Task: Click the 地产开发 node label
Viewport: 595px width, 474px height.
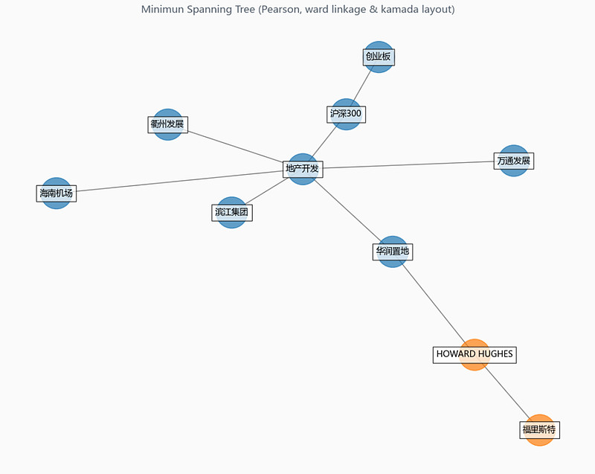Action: pos(303,169)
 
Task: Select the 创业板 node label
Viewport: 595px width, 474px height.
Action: pos(379,57)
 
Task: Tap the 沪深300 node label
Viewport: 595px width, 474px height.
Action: pos(346,115)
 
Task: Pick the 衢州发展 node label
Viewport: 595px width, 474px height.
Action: pos(168,124)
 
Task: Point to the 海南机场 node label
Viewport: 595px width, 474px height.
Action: pos(57,193)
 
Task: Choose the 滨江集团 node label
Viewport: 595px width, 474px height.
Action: pos(232,213)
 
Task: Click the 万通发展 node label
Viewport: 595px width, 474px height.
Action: pos(514,161)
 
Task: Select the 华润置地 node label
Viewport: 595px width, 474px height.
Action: pos(393,252)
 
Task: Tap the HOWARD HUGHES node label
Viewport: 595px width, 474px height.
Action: pos(475,354)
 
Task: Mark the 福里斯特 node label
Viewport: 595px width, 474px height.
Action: pos(540,430)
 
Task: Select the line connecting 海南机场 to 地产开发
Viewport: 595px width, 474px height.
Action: pos(179,182)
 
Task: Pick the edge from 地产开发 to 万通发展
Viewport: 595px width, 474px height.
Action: pos(408,164)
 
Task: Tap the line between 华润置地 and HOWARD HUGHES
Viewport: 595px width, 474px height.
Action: pos(434,303)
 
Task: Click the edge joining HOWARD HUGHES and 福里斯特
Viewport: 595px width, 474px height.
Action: pos(507,392)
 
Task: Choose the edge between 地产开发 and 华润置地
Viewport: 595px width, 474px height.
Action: pos(347,211)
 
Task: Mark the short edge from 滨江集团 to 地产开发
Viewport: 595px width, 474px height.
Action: pos(266,191)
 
